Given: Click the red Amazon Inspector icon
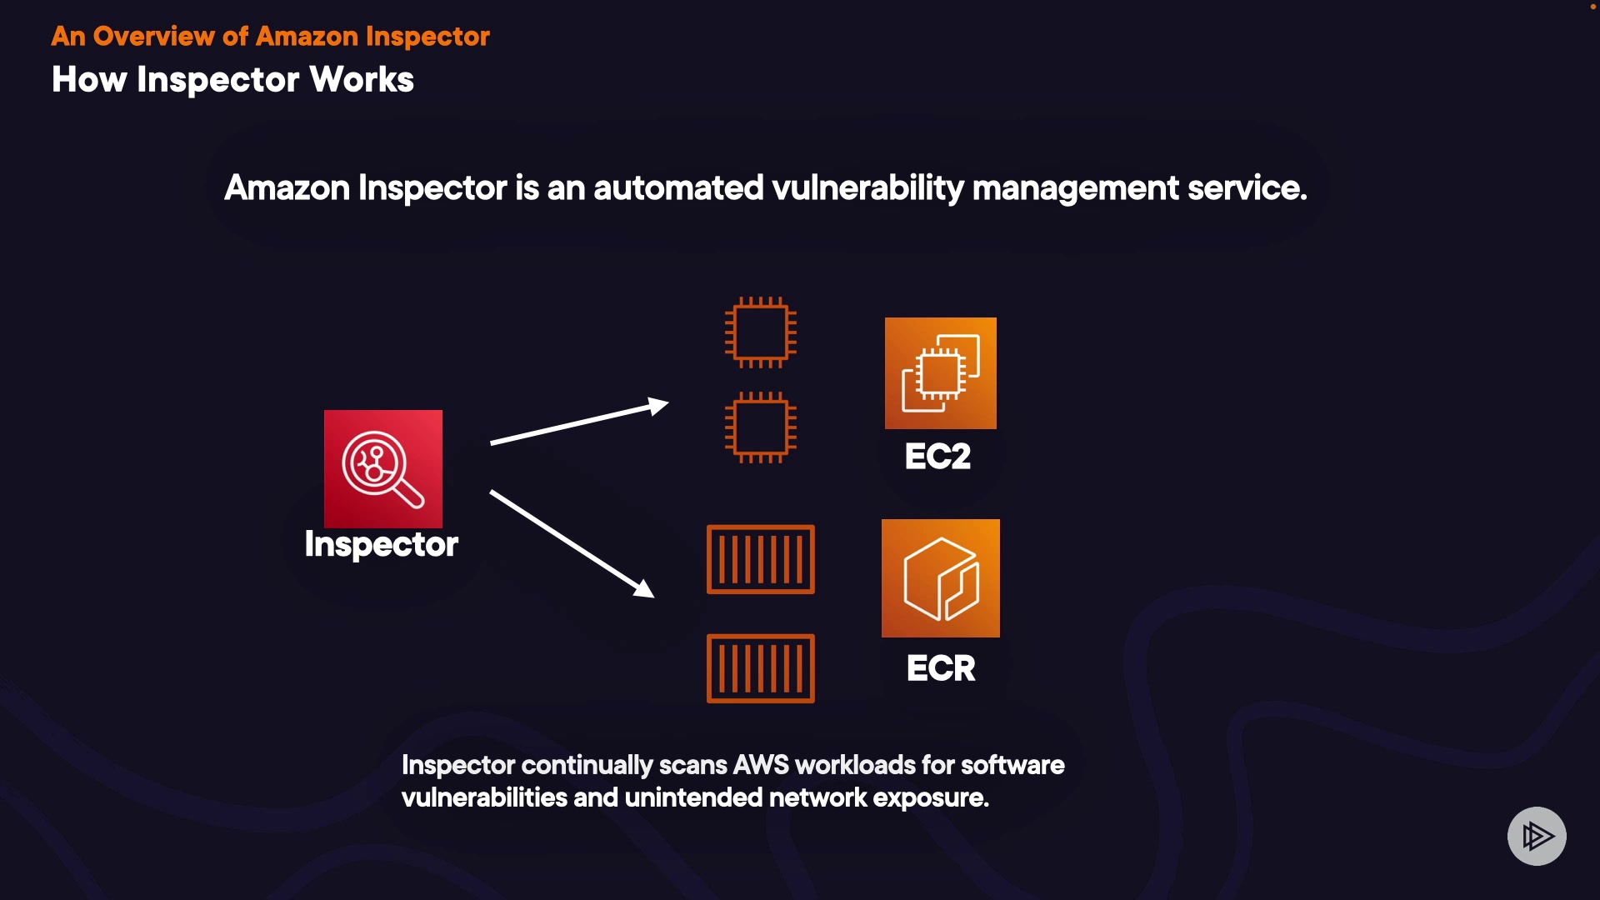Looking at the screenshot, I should [383, 468].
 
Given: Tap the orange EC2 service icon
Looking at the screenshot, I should [940, 373].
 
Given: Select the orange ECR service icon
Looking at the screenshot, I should [940, 578].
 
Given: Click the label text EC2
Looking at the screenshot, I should [937, 457].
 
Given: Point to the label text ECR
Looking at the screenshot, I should [941, 668].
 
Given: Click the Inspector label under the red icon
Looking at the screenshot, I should [382, 545].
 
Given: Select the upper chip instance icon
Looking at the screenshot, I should [761, 332].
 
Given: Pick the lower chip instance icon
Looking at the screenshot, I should [761, 427].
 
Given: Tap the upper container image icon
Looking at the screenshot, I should [760, 559].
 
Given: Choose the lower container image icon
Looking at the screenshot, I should [760, 668].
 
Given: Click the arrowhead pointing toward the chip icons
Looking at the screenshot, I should [659, 407].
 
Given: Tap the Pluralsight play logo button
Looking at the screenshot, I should [1537, 836].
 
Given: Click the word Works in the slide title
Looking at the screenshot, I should [362, 80].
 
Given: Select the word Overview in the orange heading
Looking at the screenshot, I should [153, 37].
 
